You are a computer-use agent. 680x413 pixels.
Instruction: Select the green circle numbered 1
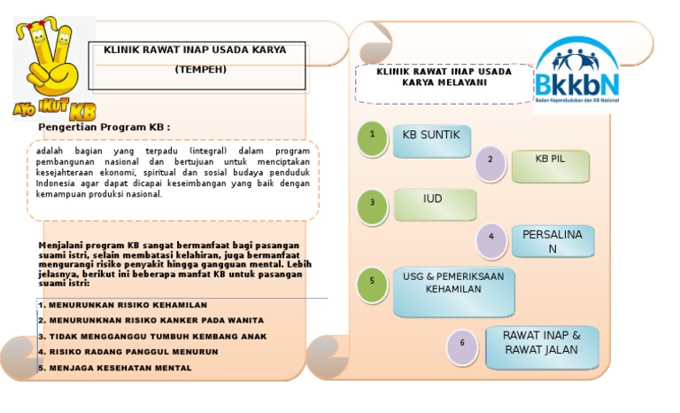(373, 137)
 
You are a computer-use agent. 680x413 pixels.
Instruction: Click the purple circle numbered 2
(490, 162)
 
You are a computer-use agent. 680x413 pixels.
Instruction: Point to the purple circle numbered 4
(491, 238)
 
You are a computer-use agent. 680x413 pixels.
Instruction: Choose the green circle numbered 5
(373, 283)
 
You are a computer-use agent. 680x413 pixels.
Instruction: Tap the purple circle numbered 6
(462, 345)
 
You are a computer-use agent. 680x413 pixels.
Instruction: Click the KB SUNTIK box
(431, 140)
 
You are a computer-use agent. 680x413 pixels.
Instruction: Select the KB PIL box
(550, 165)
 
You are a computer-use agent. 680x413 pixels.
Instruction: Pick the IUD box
(434, 204)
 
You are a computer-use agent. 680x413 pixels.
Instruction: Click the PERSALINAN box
(552, 241)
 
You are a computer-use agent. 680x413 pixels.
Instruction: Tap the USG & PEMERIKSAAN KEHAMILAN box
(452, 290)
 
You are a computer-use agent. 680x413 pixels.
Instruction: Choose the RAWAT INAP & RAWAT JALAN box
(542, 346)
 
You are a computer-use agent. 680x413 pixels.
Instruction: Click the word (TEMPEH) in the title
(200, 69)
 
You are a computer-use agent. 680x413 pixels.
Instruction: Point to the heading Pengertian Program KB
(104, 127)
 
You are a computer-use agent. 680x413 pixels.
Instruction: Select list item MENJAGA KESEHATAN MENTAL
(116, 367)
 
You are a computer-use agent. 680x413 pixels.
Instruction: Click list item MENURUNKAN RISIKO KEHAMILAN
(123, 304)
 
